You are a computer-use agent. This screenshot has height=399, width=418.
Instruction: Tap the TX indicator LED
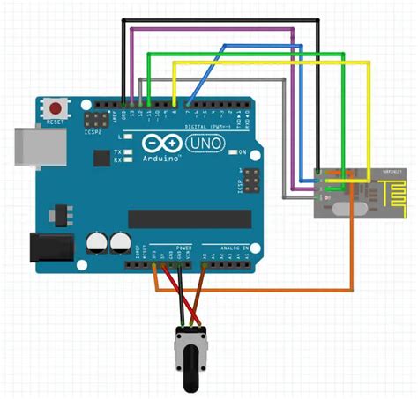click(x=128, y=151)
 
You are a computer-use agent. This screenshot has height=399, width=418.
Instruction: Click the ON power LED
click(x=231, y=152)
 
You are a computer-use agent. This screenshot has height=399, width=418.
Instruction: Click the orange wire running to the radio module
click(x=353, y=255)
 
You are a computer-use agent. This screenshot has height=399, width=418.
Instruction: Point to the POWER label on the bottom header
click(x=183, y=249)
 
